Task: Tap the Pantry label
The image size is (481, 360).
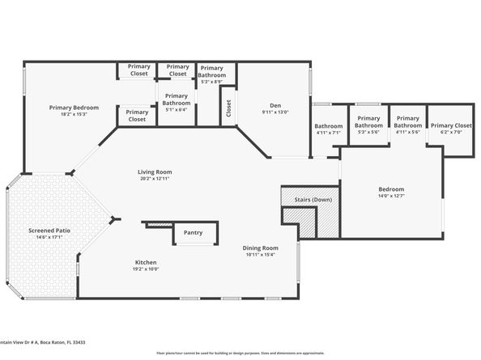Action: pyautogui.click(x=193, y=233)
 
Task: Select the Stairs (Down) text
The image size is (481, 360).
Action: pyautogui.click(x=311, y=199)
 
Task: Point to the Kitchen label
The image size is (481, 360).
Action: pyautogui.click(x=146, y=263)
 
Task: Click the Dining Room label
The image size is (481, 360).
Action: pyautogui.click(x=260, y=248)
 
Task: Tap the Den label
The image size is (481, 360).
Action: pyautogui.click(x=275, y=106)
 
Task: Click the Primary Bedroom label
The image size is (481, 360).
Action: pyautogui.click(x=74, y=108)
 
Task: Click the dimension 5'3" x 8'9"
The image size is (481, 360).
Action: pyautogui.click(x=212, y=83)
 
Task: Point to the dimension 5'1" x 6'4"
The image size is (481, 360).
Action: pyautogui.click(x=176, y=110)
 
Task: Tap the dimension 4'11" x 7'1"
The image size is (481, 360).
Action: pyautogui.click(x=329, y=133)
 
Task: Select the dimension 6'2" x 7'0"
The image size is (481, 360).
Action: pyautogui.click(x=451, y=133)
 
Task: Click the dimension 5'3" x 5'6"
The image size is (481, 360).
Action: pyautogui.click(x=368, y=133)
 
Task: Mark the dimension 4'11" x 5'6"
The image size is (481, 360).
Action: pyautogui.click(x=407, y=133)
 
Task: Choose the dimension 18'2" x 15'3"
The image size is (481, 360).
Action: pyautogui.click(x=74, y=114)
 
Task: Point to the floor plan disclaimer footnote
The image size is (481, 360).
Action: pyautogui.click(x=240, y=354)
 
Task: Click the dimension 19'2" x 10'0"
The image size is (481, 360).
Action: pyautogui.click(x=146, y=269)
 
